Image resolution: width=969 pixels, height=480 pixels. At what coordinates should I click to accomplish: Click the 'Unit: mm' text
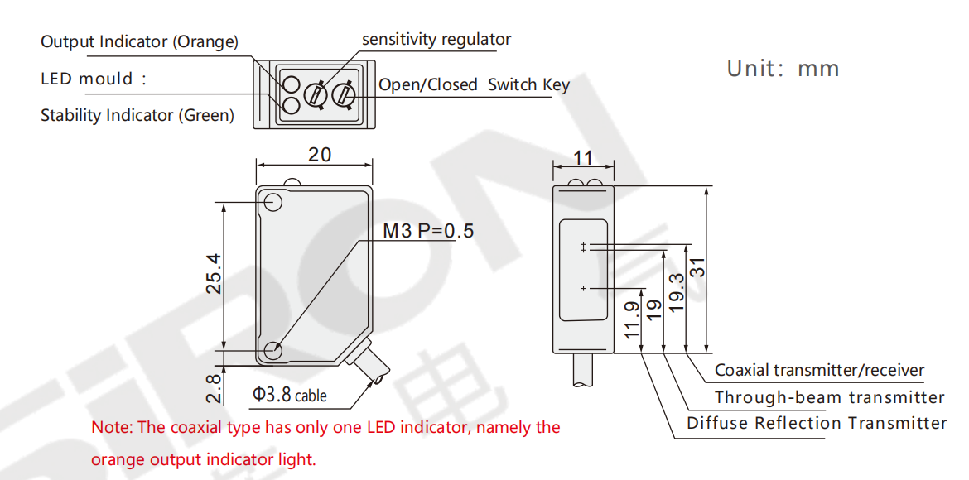point(783,69)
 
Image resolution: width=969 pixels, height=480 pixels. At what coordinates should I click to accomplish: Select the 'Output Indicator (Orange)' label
point(139,42)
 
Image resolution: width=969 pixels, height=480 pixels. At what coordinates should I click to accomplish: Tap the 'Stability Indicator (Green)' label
point(137,116)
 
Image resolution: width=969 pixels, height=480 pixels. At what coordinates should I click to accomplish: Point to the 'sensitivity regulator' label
point(436,40)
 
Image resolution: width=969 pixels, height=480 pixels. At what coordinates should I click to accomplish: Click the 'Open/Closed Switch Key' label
point(474,84)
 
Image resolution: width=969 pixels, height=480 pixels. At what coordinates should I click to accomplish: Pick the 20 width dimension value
point(320,155)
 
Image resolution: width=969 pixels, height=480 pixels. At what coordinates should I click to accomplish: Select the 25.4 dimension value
point(214,272)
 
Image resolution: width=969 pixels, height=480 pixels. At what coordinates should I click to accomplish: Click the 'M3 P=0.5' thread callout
point(428,231)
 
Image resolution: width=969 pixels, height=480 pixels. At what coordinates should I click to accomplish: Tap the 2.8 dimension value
point(214,388)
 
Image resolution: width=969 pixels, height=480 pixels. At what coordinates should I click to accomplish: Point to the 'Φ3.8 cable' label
point(289,394)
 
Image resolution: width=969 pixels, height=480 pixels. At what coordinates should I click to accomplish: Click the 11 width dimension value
point(583,157)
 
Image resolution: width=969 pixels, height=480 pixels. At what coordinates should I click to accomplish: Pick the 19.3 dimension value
point(677,291)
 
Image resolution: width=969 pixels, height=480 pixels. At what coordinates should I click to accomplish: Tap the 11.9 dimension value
point(632,320)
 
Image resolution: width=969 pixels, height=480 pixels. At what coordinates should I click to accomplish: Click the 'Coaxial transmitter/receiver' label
point(819,371)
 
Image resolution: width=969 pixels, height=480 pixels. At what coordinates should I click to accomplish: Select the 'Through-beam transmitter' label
point(829,397)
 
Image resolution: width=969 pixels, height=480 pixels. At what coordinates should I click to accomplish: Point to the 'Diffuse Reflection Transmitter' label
point(817,423)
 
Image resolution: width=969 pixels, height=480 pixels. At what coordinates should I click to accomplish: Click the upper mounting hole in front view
point(272,202)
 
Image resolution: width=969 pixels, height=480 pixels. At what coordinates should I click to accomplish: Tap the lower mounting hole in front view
point(272,351)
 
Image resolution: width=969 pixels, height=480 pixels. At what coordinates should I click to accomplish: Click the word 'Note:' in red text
point(112,428)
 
